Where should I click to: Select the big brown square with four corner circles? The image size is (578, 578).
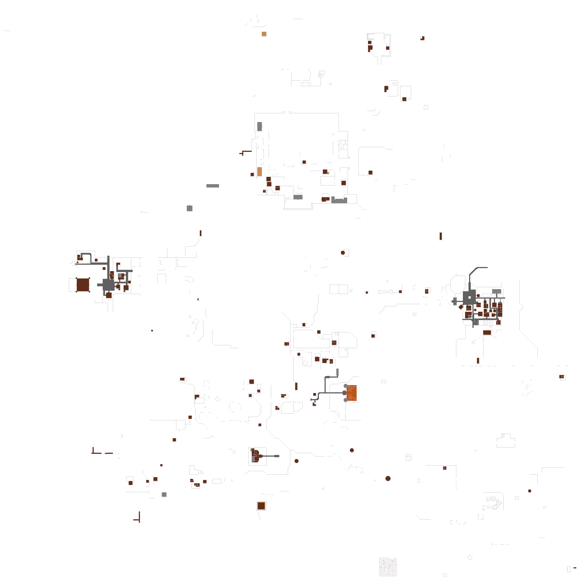(83, 284)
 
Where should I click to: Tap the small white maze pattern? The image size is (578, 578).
(387, 567)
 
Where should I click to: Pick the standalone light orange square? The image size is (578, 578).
(264, 34)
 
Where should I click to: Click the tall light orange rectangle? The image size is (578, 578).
(259, 172)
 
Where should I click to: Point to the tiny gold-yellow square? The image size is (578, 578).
(328, 173)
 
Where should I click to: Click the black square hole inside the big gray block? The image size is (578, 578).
(469, 297)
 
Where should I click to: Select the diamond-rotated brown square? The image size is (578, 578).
(461, 307)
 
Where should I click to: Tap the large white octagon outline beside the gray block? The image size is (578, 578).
(457, 284)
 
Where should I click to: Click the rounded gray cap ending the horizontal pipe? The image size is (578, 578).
(277, 456)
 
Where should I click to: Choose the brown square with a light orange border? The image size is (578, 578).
(261, 506)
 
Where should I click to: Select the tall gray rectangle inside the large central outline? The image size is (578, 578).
(259, 126)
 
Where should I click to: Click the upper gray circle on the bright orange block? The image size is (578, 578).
(346, 386)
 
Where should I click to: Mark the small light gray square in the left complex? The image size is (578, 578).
(120, 275)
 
